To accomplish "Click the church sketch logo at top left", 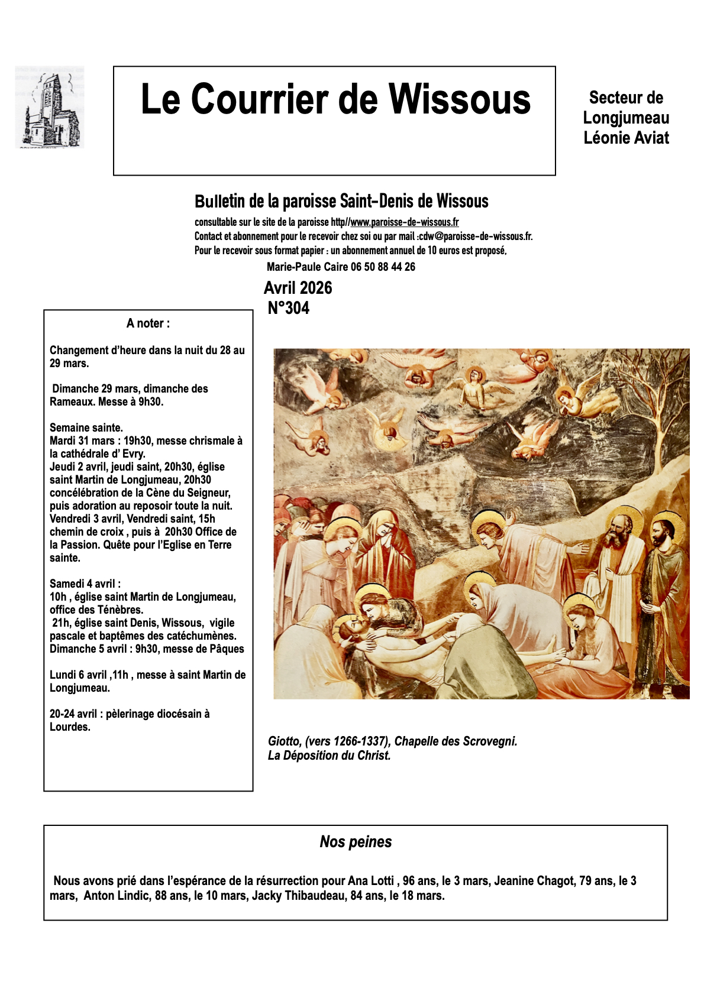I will (50, 107).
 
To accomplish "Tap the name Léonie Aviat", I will (626, 138).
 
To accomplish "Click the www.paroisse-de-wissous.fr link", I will (404, 222).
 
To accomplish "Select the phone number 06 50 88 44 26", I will (383, 267).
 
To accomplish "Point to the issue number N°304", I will (289, 308).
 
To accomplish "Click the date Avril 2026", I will (298, 288).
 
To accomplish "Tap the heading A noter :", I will (148, 323).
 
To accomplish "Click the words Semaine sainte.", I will (86, 427).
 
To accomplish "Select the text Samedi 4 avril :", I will (85, 584).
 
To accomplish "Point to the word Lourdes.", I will (70, 727).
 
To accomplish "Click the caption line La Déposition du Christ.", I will (329, 756).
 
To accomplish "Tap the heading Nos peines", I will (356, 842).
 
